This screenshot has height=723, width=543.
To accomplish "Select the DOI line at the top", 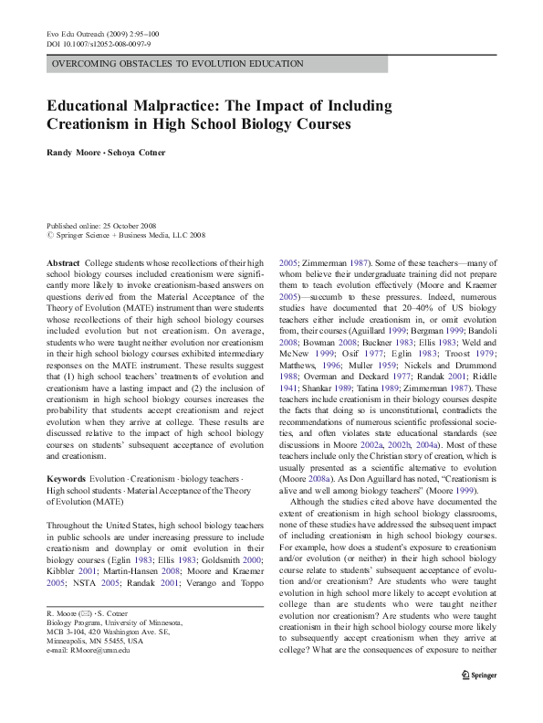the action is [x=99, y=43].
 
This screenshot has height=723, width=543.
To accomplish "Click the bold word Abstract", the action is [x=63, y=261].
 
